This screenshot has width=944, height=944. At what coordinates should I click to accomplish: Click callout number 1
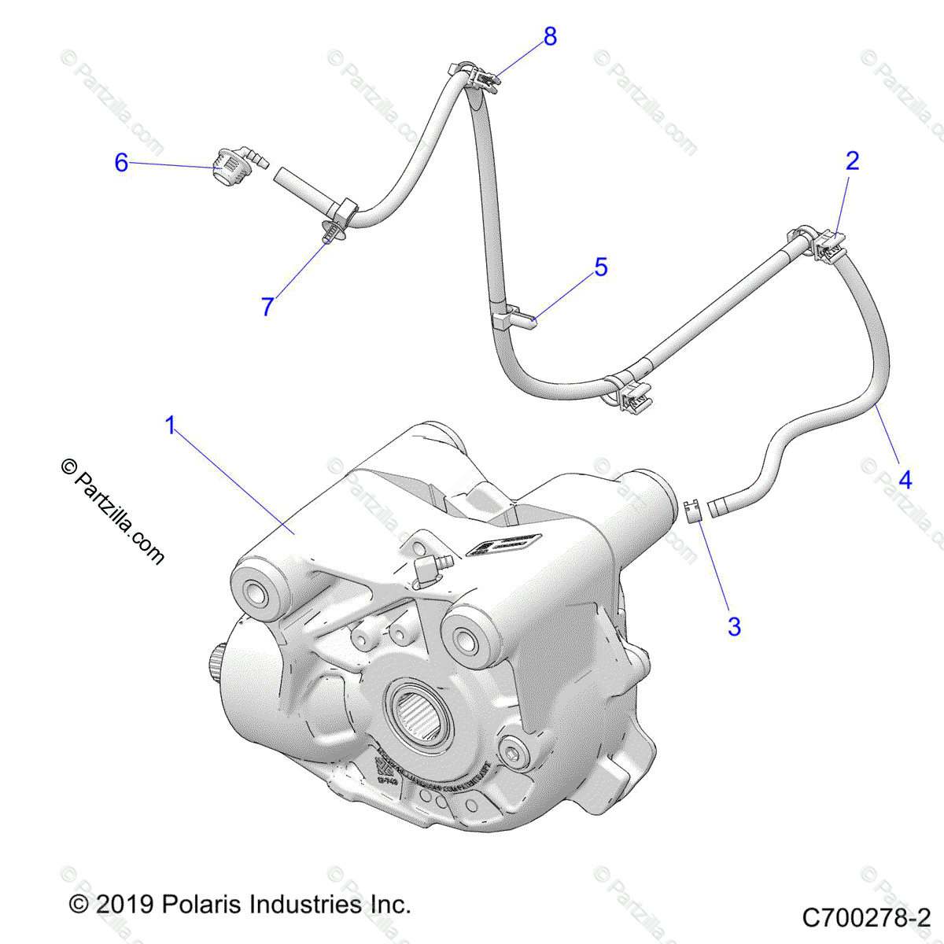click(x=171, y=426)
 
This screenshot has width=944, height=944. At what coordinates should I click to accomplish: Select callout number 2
click(x=852, y=161)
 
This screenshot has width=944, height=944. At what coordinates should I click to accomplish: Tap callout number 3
click(x=734, y=627)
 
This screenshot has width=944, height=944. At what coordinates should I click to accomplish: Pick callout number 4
click(x=905, y=479)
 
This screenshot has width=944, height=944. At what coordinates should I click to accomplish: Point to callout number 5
click(x=601, y=267)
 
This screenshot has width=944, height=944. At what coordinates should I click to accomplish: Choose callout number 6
click(x=121, y=163)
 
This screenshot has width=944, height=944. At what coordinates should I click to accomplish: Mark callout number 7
click(x=267, y=307)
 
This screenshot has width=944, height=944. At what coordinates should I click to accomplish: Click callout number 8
click(x=550, y=36)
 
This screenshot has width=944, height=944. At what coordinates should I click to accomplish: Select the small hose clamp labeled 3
click(x=691, y=511)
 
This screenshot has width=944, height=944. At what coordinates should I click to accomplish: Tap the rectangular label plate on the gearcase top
click(x=505, y=544)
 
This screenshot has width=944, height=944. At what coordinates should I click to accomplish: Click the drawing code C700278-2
click(x=866, y=917)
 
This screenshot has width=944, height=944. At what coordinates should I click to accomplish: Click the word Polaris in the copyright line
click(x=200, y=904)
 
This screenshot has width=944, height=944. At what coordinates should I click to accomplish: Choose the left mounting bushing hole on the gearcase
click(x=255, y=591)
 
